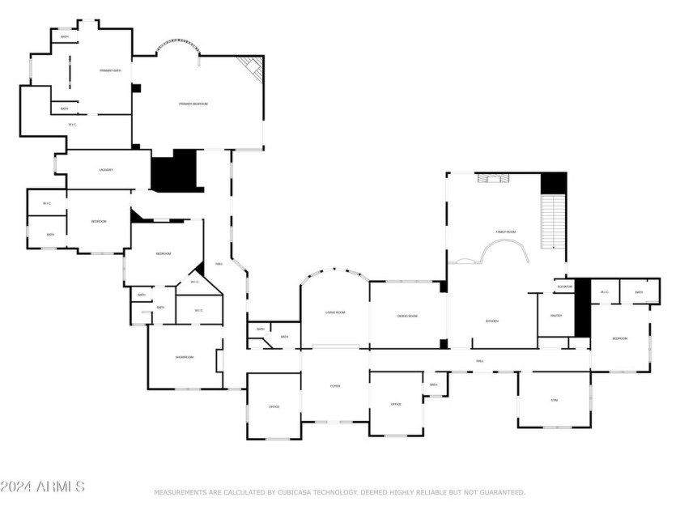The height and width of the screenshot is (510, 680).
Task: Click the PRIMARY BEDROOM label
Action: (x=193, y=104)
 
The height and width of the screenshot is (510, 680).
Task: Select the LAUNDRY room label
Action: (x=106, y=170)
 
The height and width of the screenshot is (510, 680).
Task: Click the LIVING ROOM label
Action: (x=335, y=312)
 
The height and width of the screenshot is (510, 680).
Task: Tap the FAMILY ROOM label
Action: (x=506, y=232)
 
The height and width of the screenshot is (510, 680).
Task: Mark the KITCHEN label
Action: (x=492, y=321)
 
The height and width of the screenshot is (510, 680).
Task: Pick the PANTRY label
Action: (x=556, y=316)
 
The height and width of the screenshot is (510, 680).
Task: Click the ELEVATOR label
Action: (x=564, y=287)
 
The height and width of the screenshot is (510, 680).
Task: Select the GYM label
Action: (x=555, y=400)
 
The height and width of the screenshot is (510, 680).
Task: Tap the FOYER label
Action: (x=335, y=386)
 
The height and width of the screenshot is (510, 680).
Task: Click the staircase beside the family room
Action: (x=552, y=222)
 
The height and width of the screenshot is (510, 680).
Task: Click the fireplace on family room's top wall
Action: (x=491, y=179)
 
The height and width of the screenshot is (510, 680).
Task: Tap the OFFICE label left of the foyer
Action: (x=274, y=406)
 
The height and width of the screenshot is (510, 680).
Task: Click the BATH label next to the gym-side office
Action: (x=434, y=385)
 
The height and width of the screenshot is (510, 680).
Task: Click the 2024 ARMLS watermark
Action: (x=42, y=487)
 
